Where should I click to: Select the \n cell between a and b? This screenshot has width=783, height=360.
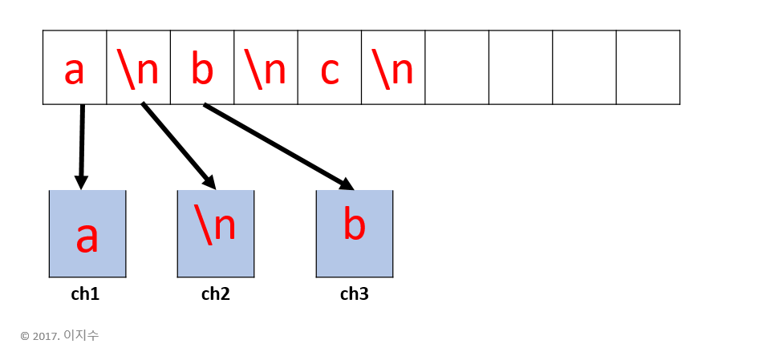tap(138, 68)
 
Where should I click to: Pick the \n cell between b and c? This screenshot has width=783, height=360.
tap(266, 68)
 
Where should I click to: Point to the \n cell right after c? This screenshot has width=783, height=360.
tap(393, 68)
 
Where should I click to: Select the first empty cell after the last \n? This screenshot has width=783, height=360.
tap(456, 67)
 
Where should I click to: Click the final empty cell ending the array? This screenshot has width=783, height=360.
tap(647, 67)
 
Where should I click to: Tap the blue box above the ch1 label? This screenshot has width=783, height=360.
tap(87, 234)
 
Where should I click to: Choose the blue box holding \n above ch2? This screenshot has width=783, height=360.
tap(216, 234)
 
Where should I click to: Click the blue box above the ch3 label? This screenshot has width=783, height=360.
tap(355, 234)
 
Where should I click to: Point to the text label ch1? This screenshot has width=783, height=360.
tap(85, 294)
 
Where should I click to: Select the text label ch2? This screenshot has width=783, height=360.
tap(216, 294)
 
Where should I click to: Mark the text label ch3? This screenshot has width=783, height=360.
tap(355, 294)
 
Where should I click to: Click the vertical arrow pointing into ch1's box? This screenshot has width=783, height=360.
tap(81, 144)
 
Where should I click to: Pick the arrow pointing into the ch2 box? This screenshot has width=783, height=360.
tap(178, 144)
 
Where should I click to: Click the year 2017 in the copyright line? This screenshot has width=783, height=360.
tap(47, 336)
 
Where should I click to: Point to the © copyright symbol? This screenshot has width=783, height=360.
tap(25, 336)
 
